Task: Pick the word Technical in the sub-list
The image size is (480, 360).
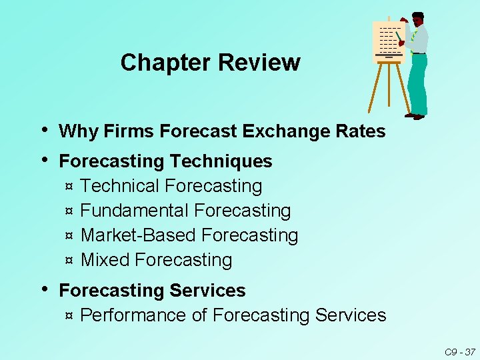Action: pyautogui.click(x=120, y=186)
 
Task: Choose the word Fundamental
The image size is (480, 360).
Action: pyautogui.click(x=135, y=211)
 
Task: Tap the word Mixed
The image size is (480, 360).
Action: pyautogui.click(x=105, y=260)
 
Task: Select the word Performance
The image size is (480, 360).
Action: pyautogui.click(x=133, y=315)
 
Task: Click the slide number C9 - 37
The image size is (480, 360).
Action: pyautogui.click(x=460, y=351)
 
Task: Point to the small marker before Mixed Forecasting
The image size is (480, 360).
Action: pyautogui.click(x=69, y=261)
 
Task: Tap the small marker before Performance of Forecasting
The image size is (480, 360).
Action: pyautogui.click(x=69, y=316)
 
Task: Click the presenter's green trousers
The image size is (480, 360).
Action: pyautogui.click(x=418, y=83)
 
